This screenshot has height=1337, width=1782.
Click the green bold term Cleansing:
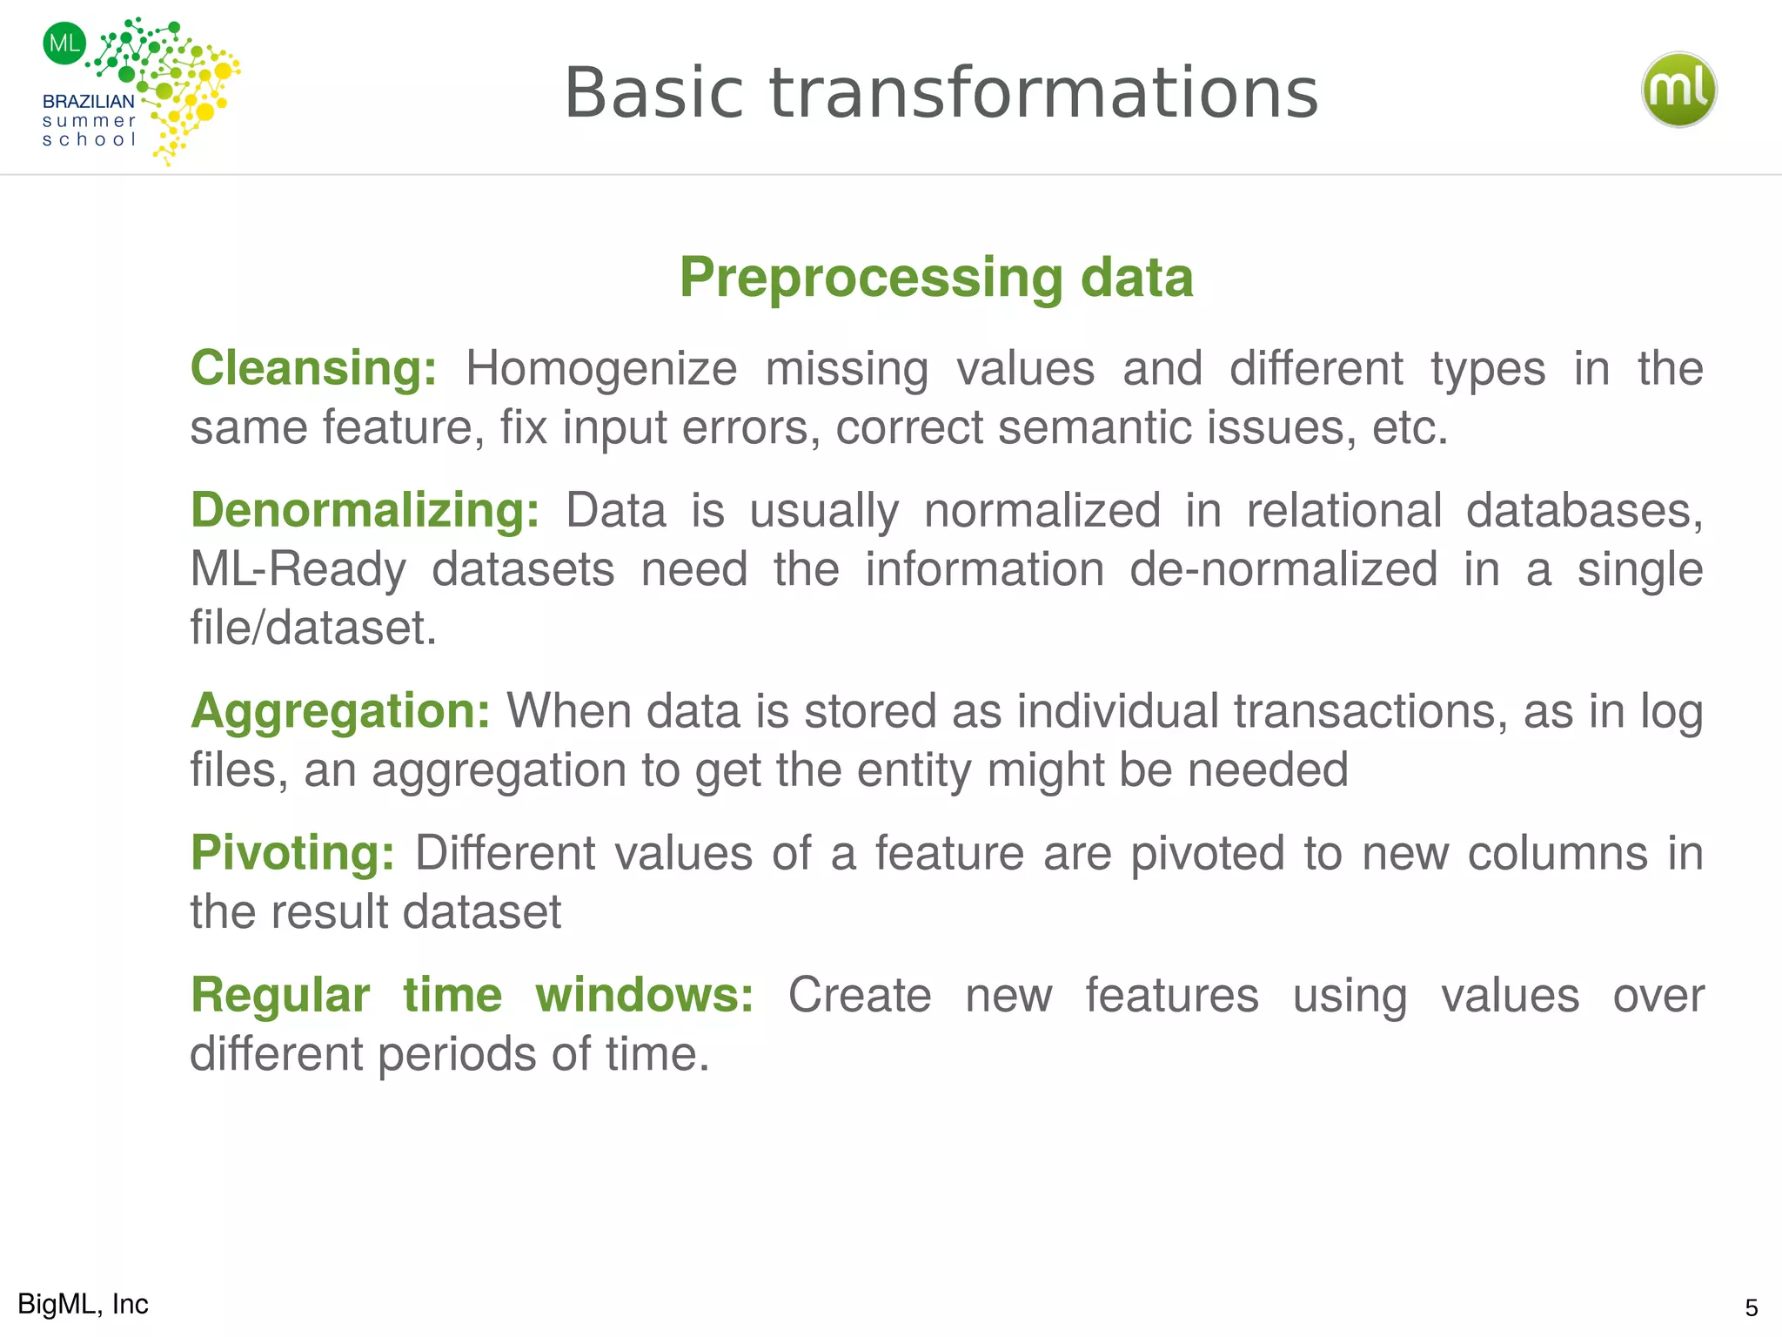313,368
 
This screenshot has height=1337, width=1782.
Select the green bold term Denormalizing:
365,510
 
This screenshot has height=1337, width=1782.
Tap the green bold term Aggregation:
340,711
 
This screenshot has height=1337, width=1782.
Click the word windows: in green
644,995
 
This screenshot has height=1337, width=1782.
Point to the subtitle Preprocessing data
935,277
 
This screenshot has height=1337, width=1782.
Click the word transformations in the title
1044,93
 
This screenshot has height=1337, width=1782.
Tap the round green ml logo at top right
1678,90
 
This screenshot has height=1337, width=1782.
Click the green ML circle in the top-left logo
64,43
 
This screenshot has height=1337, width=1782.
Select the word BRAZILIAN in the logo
89,102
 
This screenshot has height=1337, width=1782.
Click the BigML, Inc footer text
83,1304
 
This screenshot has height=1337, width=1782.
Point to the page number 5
1751,1308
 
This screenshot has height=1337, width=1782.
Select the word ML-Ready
298,569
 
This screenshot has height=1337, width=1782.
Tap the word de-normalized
1283,569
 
